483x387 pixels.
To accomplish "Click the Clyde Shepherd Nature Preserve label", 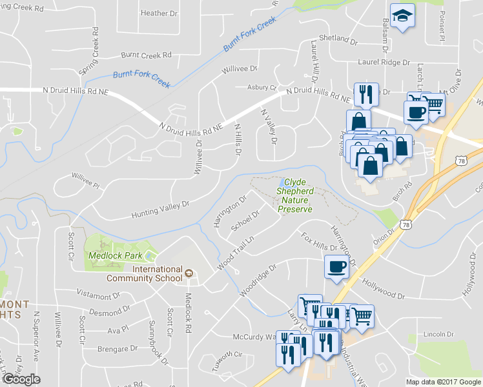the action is (x=294, y=196).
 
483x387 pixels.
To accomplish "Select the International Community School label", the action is (x=157, y=273).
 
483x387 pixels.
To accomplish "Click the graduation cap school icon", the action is (x=402, y=16).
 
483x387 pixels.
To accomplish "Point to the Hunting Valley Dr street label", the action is (x=160, y=208).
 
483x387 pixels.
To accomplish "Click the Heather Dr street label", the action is (x=158, y=13).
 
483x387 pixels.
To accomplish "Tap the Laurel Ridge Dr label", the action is (x=385, y=63).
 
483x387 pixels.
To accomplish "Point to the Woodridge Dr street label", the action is (x=258, y=280).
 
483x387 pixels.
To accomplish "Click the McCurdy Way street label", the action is (x=254, y=337).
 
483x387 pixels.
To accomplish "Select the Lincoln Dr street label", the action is (x=440, y=334).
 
